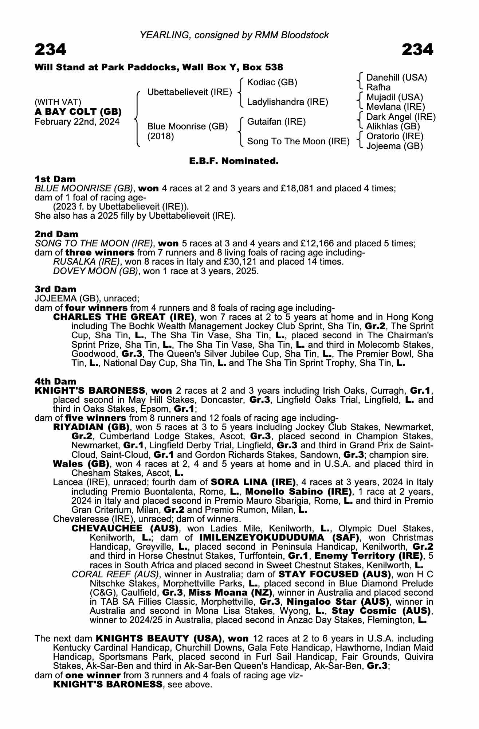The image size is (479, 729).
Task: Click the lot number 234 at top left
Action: click(51, 50)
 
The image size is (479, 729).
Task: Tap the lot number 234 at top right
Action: click(417, 50)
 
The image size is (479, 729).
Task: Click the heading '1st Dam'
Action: click(55, 179)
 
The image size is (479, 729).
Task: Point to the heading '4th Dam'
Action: click(55, 381)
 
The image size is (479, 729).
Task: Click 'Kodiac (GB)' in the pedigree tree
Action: click(272, 82)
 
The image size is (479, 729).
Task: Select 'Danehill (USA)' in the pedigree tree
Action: click(397, 78)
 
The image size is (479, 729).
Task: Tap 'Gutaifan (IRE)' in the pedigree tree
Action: click(276, 121)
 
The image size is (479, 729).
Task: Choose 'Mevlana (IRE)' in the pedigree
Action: click(396, 107)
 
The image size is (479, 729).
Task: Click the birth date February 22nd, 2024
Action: click(77, 122)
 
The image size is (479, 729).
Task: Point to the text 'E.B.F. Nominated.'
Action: click(234, 161)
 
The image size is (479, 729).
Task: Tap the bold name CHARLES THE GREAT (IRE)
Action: click(123, 317)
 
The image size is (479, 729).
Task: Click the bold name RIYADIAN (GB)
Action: click(91, 427)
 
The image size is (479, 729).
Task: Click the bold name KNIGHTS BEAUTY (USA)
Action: click(159, 639)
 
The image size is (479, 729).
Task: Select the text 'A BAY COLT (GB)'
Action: click(78, 112)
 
